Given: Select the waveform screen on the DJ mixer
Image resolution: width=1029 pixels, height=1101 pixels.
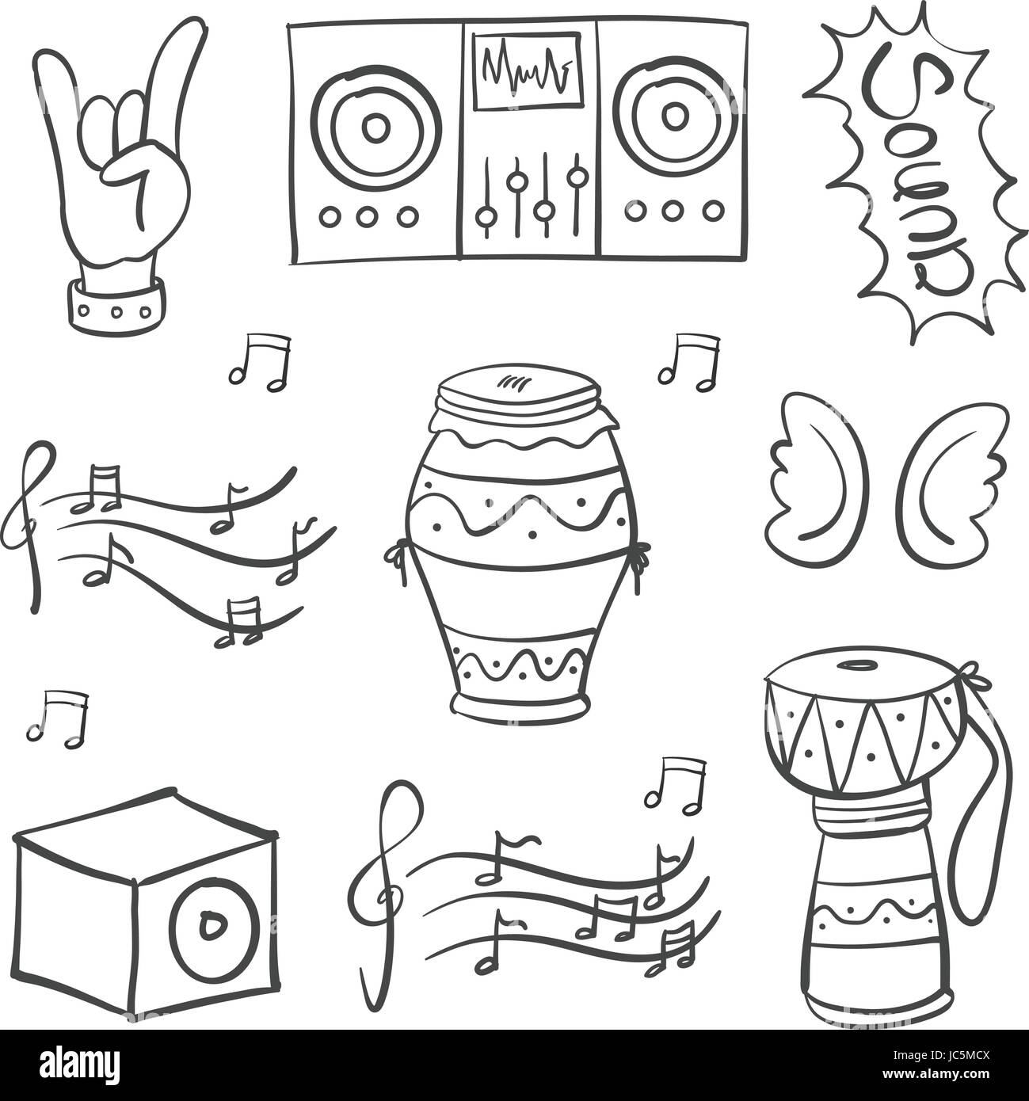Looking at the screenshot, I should (525, 70).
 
